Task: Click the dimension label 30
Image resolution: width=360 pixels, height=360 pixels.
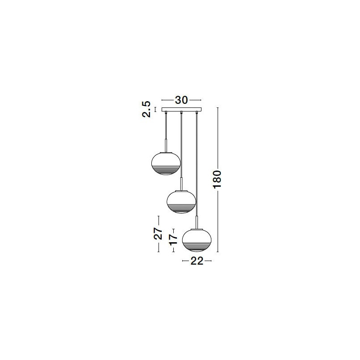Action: point(181,100)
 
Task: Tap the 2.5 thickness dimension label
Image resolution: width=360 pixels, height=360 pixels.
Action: point(146,109)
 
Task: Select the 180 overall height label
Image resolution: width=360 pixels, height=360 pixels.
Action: point(217,179)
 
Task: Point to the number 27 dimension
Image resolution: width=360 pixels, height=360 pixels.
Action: point(158,233)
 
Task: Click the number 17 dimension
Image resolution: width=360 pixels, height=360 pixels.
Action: point(173,240)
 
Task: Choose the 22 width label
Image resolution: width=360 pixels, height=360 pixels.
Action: point(197,261)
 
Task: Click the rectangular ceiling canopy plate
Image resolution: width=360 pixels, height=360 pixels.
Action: point(181,110)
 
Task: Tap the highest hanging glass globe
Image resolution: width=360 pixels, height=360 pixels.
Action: point(166,163)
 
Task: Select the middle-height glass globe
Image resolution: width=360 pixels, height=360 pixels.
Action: point(181,202)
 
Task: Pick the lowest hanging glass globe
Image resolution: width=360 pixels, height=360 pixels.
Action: point(197,240)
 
